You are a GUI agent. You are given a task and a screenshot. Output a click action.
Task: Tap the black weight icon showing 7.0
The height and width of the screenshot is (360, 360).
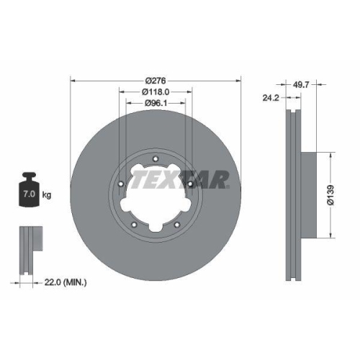(x=30, y=192)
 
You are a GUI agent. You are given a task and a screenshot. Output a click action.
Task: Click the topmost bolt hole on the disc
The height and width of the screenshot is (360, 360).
(x=156, y=161)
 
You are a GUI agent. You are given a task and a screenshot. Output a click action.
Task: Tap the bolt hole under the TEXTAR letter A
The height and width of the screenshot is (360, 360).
(x=190, y=184)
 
